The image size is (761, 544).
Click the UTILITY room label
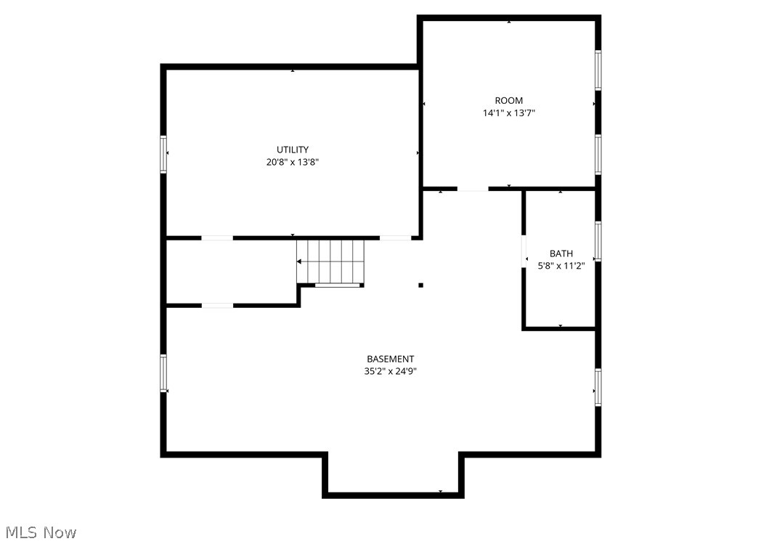pos(292,150)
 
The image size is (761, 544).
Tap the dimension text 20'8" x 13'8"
pos(292,163)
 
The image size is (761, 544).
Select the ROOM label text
pos(508,100)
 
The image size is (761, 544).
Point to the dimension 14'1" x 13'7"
pos(508,113)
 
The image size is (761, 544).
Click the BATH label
pos(561,253)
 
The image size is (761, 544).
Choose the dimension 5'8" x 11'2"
pos(561,266)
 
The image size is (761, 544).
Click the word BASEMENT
pos(390,359)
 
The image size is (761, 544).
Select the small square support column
pos(420,285)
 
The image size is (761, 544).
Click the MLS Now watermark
pos(39,532)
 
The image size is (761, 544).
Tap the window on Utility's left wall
pos(163,155)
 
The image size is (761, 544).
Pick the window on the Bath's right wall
pos(598,240)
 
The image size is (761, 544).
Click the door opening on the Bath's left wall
pos(524,251)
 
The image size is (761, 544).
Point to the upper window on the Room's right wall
pos(598,70)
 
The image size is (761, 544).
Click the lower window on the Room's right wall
pos(598,154)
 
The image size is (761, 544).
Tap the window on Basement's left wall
pos(163,373)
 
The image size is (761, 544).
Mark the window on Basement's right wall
pos(598,386)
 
